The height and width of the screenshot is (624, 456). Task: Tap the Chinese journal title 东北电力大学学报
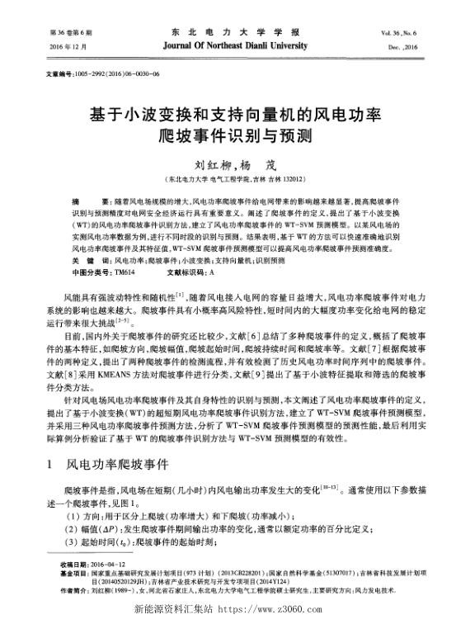(x=228, y=32)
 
